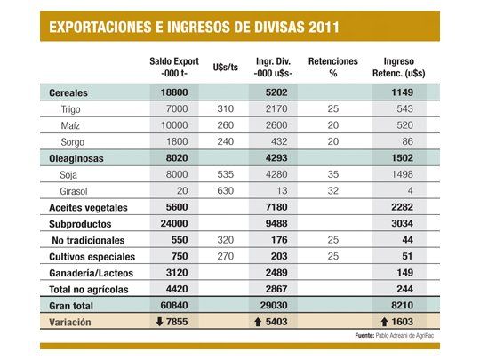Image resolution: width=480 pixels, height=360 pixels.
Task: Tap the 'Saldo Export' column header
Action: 173,68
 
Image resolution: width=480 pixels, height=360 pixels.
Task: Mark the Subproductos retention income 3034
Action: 404,223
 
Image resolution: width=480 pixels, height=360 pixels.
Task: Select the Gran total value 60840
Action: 173,307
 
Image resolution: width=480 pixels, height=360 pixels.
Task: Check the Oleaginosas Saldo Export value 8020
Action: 173,157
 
